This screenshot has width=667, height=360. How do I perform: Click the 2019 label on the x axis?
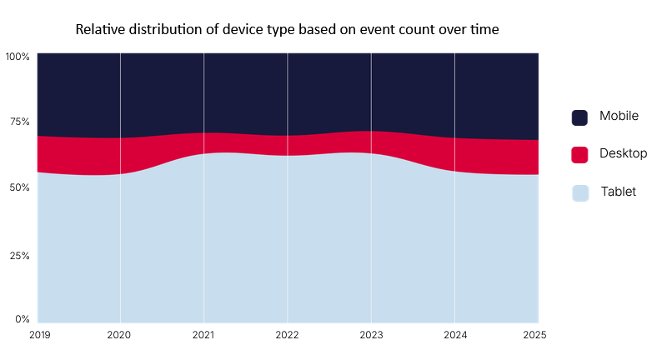tap(39, 335)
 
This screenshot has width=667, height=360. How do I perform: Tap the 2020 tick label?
tap(118, 335)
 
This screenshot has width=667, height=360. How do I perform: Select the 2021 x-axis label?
tap(203, 335)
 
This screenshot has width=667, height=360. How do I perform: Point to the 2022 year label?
tap(287, 335)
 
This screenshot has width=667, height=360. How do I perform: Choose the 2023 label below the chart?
tap(371, 335)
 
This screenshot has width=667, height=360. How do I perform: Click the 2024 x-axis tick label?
tap(455, 335)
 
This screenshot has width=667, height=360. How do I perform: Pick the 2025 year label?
tap(534, 335)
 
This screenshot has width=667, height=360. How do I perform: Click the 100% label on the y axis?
tap(18, 57)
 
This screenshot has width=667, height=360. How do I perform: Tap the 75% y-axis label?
tap(20, 122)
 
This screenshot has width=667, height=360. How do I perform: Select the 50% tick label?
tap(19, 187)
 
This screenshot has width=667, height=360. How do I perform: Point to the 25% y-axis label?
tap(19, 256)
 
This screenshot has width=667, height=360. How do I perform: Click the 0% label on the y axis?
tap(23, 319)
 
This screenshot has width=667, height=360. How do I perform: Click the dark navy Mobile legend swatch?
tap(579, 117)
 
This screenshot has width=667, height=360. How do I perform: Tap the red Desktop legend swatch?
tap(579, 155)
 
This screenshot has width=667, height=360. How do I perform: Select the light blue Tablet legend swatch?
tap(580, 193)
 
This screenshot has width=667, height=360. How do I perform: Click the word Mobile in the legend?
tap(619, 116)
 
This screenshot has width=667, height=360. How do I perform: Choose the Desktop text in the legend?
tap(623, 153)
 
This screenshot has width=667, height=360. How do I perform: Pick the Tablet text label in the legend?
tap(619, 192)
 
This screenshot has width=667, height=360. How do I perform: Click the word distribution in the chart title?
tap(173, 29)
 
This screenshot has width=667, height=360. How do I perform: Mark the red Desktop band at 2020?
tap(120, 156)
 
